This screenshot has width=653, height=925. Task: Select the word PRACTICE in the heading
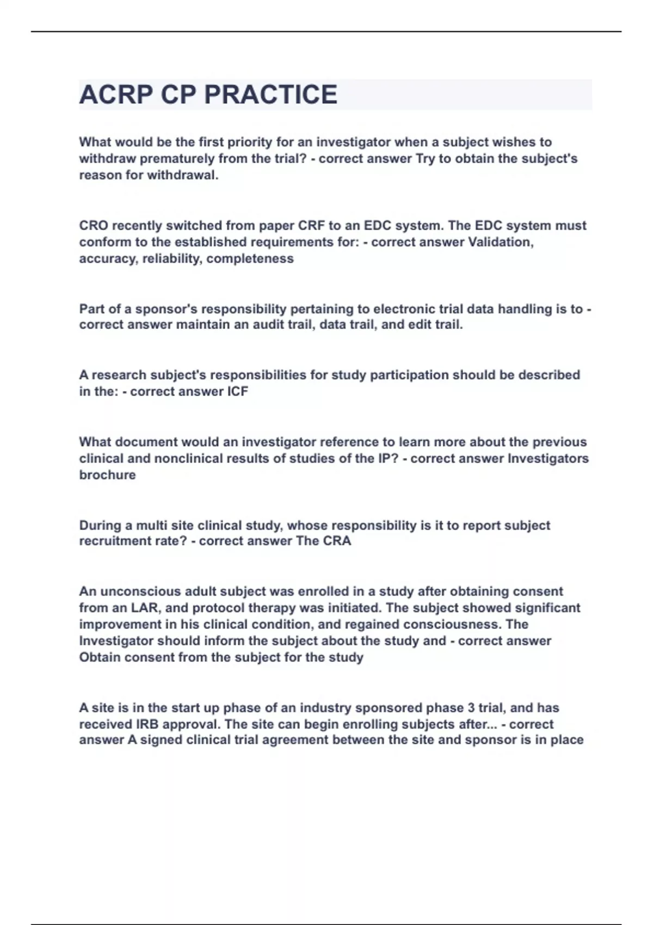point(271,95)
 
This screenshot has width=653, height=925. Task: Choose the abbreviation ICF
point(237,392)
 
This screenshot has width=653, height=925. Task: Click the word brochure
point(107,475)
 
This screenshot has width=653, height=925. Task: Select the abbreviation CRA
point(337,541)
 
